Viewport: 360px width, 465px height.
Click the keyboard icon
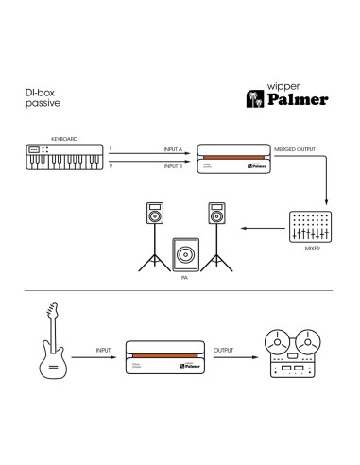(x=62, y=158)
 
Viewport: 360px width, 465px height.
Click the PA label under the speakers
(x=184, y=279)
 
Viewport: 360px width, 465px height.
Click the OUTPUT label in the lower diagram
(x=224, y=349)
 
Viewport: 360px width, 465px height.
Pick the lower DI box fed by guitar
(x=166, y=360)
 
